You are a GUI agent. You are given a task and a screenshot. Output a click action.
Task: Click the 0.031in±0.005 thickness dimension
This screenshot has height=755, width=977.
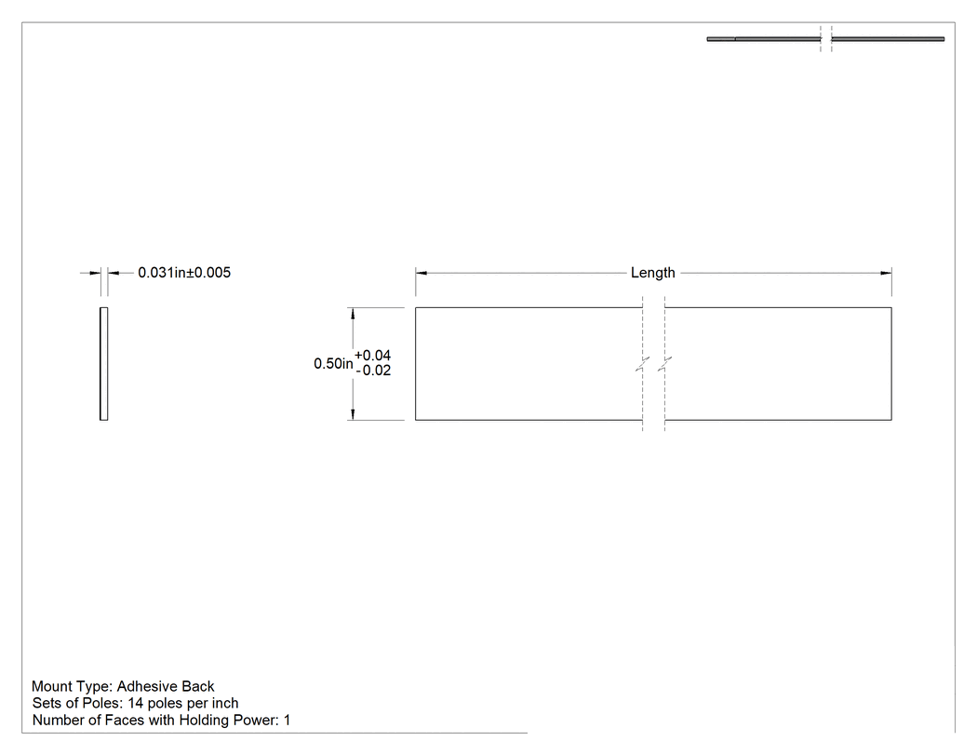pos(184,273)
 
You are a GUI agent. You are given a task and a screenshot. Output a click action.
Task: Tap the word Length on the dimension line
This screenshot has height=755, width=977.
pos(652,273)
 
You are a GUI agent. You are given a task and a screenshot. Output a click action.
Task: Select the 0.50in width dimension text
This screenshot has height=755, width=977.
pos(333,363)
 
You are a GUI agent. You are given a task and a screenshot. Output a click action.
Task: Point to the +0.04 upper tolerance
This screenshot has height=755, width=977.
pos(372,356)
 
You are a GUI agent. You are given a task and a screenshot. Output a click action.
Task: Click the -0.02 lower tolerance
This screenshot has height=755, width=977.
pos(373,371)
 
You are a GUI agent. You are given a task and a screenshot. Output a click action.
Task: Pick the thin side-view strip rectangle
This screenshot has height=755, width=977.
pos(103,363)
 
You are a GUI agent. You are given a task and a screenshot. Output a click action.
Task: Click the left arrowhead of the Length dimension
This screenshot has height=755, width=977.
pos(422,273)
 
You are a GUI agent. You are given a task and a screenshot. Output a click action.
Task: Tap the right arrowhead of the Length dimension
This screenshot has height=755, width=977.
pos(886,273)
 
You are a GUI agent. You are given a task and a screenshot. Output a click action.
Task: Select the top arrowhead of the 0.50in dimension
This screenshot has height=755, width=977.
pos(353,314)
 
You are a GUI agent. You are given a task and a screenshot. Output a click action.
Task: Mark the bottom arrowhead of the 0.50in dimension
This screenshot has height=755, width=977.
pos(353,414)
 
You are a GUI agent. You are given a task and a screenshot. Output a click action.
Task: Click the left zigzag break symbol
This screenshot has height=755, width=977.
pos(642,364)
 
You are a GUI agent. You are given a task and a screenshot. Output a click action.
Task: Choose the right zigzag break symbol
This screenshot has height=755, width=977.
pos(665,364)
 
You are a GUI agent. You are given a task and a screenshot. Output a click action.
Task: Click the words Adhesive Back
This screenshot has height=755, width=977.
pos(166,686)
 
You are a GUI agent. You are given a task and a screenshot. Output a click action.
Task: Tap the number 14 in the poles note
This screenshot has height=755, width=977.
pos(135,703)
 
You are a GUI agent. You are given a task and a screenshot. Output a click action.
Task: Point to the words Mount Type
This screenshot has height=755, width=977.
pos(72,686)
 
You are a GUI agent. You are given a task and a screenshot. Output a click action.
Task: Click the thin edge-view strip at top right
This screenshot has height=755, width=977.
pos(825,39)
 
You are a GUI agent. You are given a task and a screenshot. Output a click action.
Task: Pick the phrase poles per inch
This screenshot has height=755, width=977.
pos(194,703)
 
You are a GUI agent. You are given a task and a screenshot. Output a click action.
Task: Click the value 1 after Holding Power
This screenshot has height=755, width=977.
pos(287,720)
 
